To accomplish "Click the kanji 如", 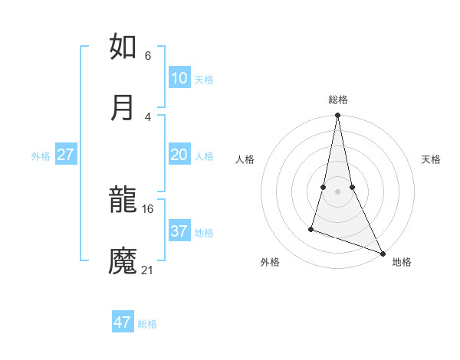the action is (x=123, y=47).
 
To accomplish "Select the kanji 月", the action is (x=123, y=108).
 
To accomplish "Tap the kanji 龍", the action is (x=123, y=201).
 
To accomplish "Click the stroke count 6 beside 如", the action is (x=148, y=55).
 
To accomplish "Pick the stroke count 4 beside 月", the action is (x=148, y=116).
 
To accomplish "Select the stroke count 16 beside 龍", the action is (x=148, y=208).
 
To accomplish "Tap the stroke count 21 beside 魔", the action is (x=148, y=270).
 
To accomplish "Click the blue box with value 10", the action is (x=179, y=78).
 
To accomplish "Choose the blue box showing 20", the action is (x=179, y=155).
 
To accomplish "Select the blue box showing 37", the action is (x=179, y=231).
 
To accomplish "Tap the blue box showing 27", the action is (x=66, y=155).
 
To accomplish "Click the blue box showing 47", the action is (x=123, y=322).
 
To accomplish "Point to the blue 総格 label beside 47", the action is (x=147, y=324).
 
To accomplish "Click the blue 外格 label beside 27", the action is (x=41, y=156).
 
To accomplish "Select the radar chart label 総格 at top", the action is (x=337, y=100).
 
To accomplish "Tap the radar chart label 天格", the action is (x=432, y=159).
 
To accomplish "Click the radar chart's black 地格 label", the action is (x=402, y=262).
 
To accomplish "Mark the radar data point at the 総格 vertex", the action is (x=337, y=116).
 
